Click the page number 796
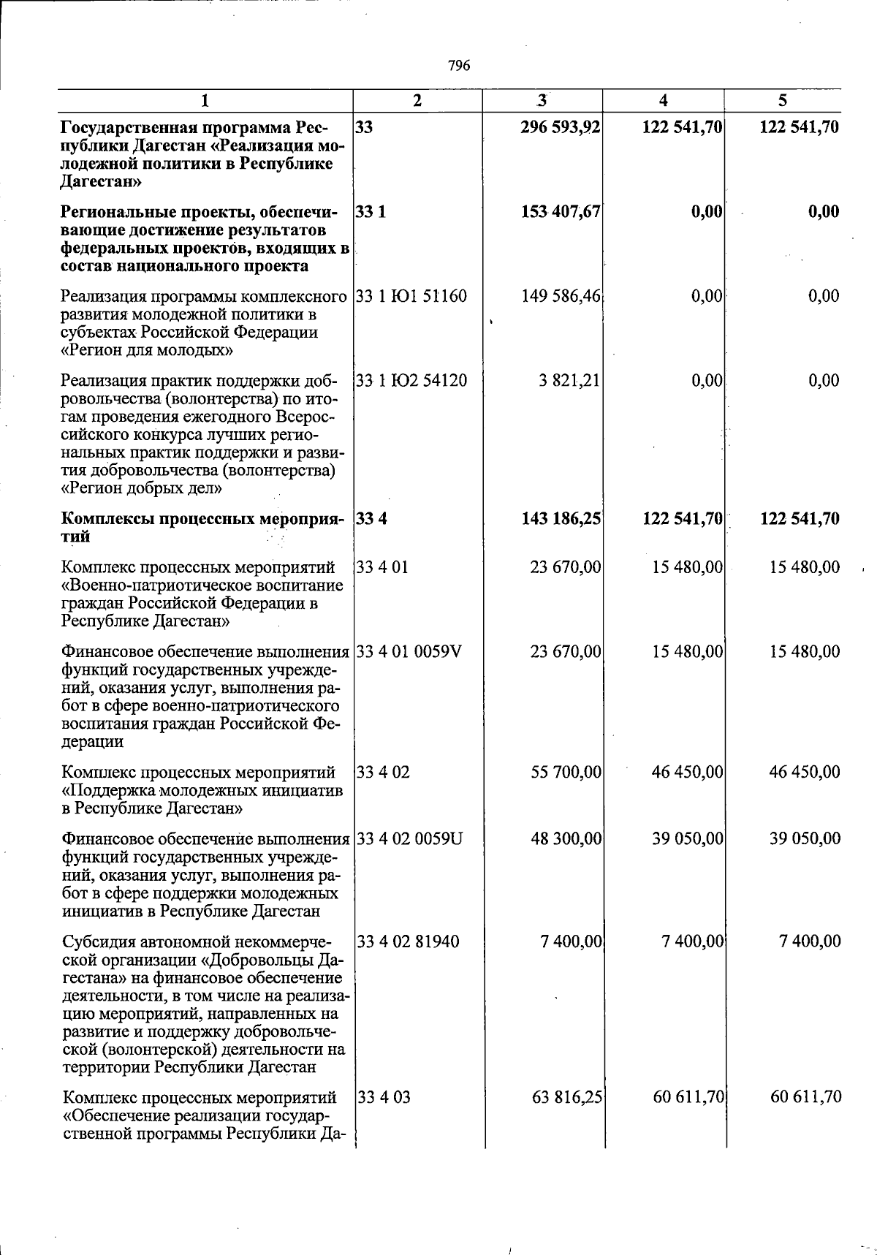click(459, 66)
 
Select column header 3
click(542, 100)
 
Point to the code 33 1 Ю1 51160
click(411, 296)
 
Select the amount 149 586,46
click(561, 296)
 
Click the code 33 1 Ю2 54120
click(411, 380)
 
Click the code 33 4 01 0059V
click(409, 651)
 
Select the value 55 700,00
click(566, 772)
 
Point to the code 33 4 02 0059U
click(410, 838)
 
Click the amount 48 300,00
click(566, 838)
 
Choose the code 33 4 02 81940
click(409, 941)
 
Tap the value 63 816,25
click(566, 1097)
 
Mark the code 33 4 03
click(384, 1097)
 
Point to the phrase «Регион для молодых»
click(147, 351)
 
